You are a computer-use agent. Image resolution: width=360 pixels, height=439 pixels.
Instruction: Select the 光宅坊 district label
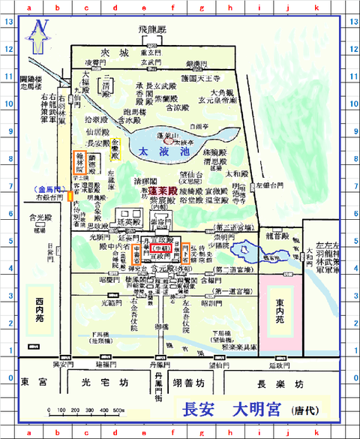tap(100, 382)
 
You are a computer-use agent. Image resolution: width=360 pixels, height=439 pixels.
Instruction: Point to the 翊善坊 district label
tap(187, 383)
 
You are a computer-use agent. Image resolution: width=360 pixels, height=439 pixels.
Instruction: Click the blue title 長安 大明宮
tap(232, 410)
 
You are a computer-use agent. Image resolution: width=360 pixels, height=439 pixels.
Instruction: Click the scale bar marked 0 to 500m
tap(86, 410)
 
